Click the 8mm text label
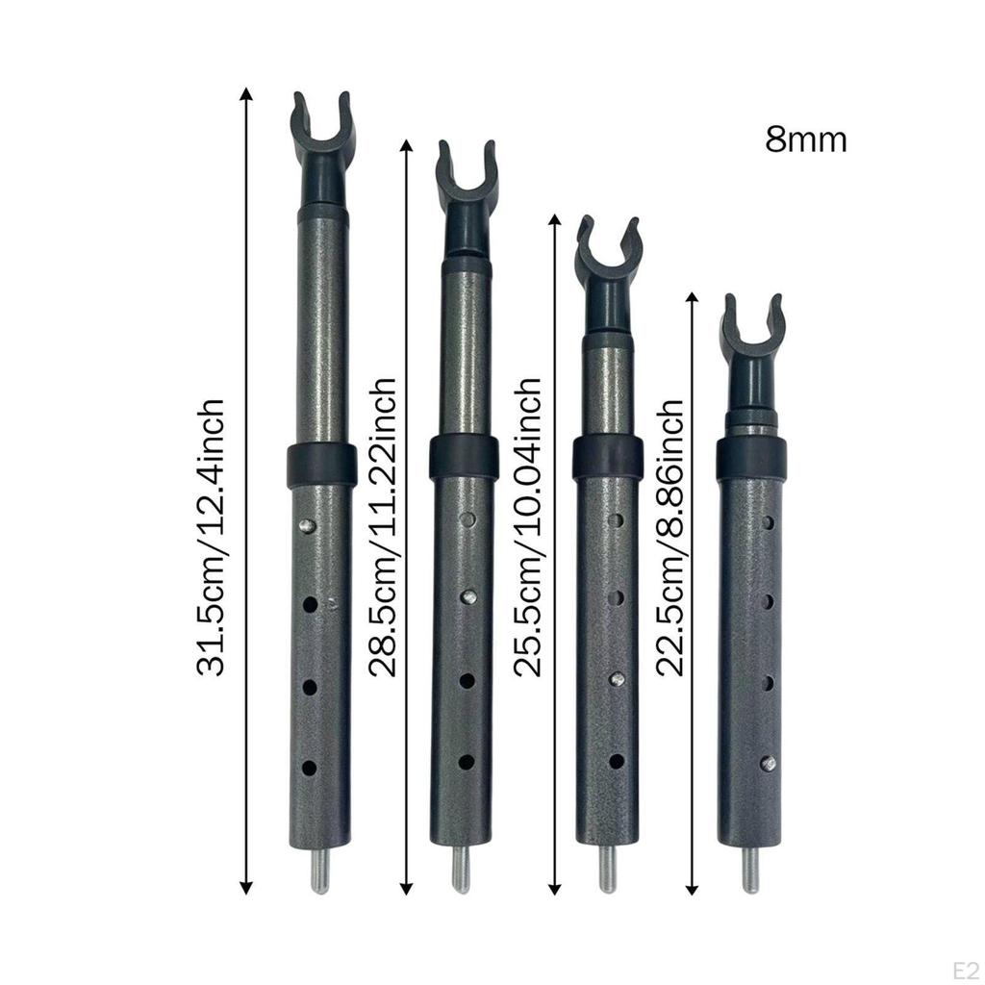[805, 139]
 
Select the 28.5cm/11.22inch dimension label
[382, 527]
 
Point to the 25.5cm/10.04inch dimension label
[527, 527]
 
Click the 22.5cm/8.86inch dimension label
[669, 537]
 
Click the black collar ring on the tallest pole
[320, 465]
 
